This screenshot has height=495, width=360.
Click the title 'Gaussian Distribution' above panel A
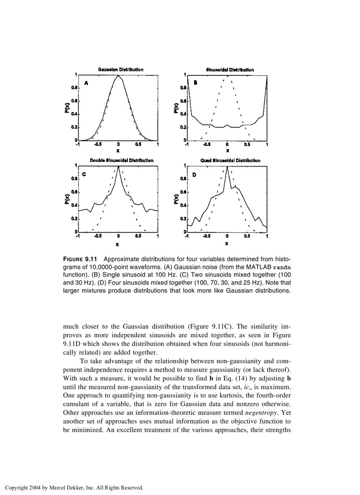click(120, 70)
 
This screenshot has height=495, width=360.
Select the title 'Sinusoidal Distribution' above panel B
click(230, 70)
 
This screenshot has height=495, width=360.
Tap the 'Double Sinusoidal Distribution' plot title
click(122, 160)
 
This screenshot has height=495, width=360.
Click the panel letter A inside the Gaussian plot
click(86, 82)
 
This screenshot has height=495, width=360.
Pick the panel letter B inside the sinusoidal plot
click(195, 82)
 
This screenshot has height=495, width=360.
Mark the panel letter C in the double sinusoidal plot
click(84, 174)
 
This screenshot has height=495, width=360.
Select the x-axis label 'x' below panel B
click(227, 150)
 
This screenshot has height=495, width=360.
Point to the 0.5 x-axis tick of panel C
click(138, 236)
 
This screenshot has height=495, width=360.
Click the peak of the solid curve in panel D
click(227, 167)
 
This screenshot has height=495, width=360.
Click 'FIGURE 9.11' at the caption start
click(82, 259)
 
